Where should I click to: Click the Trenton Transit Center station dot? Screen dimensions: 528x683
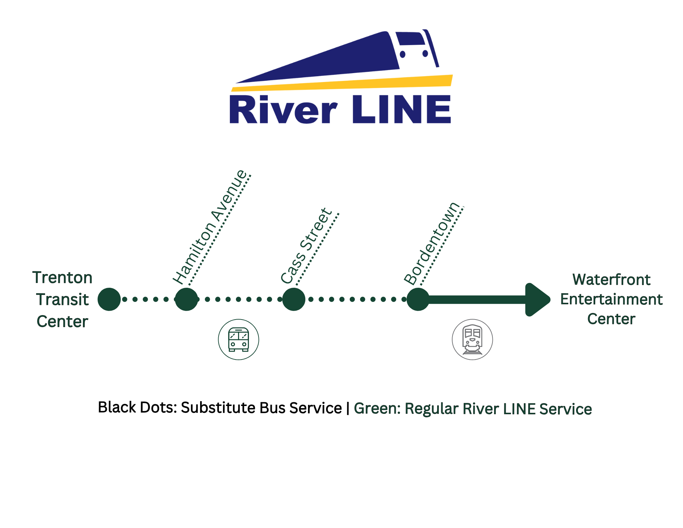[x=109, y=299]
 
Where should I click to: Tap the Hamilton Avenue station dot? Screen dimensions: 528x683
[x=186, y=299]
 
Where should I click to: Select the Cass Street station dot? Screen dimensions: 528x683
[x=294, y=299]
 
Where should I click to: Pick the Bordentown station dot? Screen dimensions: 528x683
[x=418, y=299]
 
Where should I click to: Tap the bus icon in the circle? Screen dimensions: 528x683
[x=238, y=339]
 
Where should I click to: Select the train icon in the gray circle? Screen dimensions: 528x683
[x=472, y=339]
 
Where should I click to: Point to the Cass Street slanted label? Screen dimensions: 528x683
[x=306, y=246]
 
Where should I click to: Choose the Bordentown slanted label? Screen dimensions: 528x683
[x=431, y=244]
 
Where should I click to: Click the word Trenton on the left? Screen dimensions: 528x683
[x=62, y=277]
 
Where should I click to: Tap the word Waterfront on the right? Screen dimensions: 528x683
[x=611, y=280]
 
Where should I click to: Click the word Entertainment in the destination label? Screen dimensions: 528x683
[x=611, y=299]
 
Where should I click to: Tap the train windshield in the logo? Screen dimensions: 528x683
[x=411, y=39]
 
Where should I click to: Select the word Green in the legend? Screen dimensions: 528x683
[x=377, y=408]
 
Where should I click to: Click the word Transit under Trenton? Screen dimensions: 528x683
[x=62, y=299]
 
